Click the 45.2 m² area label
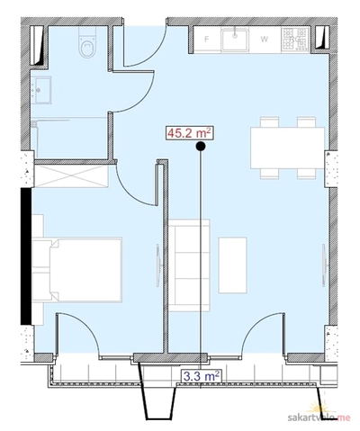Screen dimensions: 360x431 [x=190, y=133]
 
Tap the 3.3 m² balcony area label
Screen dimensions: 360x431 [x=202, y=376]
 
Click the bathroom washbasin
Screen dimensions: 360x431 [x=41, y=90]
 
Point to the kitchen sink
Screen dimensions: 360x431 [x=235, y=40]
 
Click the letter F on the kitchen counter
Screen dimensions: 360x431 [x=206, y=40]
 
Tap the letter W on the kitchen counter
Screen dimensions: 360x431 [x=264, y=39]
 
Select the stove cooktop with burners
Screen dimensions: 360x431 [x=295, y=40]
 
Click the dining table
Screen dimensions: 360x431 [x=287, y=148]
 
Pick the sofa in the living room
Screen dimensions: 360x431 [x=189, y=265]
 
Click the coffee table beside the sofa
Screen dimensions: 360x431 [x=233, y=265]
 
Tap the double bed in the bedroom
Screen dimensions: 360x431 [x=77, y=270]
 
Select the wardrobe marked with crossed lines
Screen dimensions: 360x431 [x=71, y=176]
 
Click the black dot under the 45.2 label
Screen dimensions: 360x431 [x=201, y=146]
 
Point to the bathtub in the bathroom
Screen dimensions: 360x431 [x=69, y=138]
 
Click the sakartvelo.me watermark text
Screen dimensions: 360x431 [x=319, y=418]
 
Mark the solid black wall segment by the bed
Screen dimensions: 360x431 [x=26, y=256]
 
